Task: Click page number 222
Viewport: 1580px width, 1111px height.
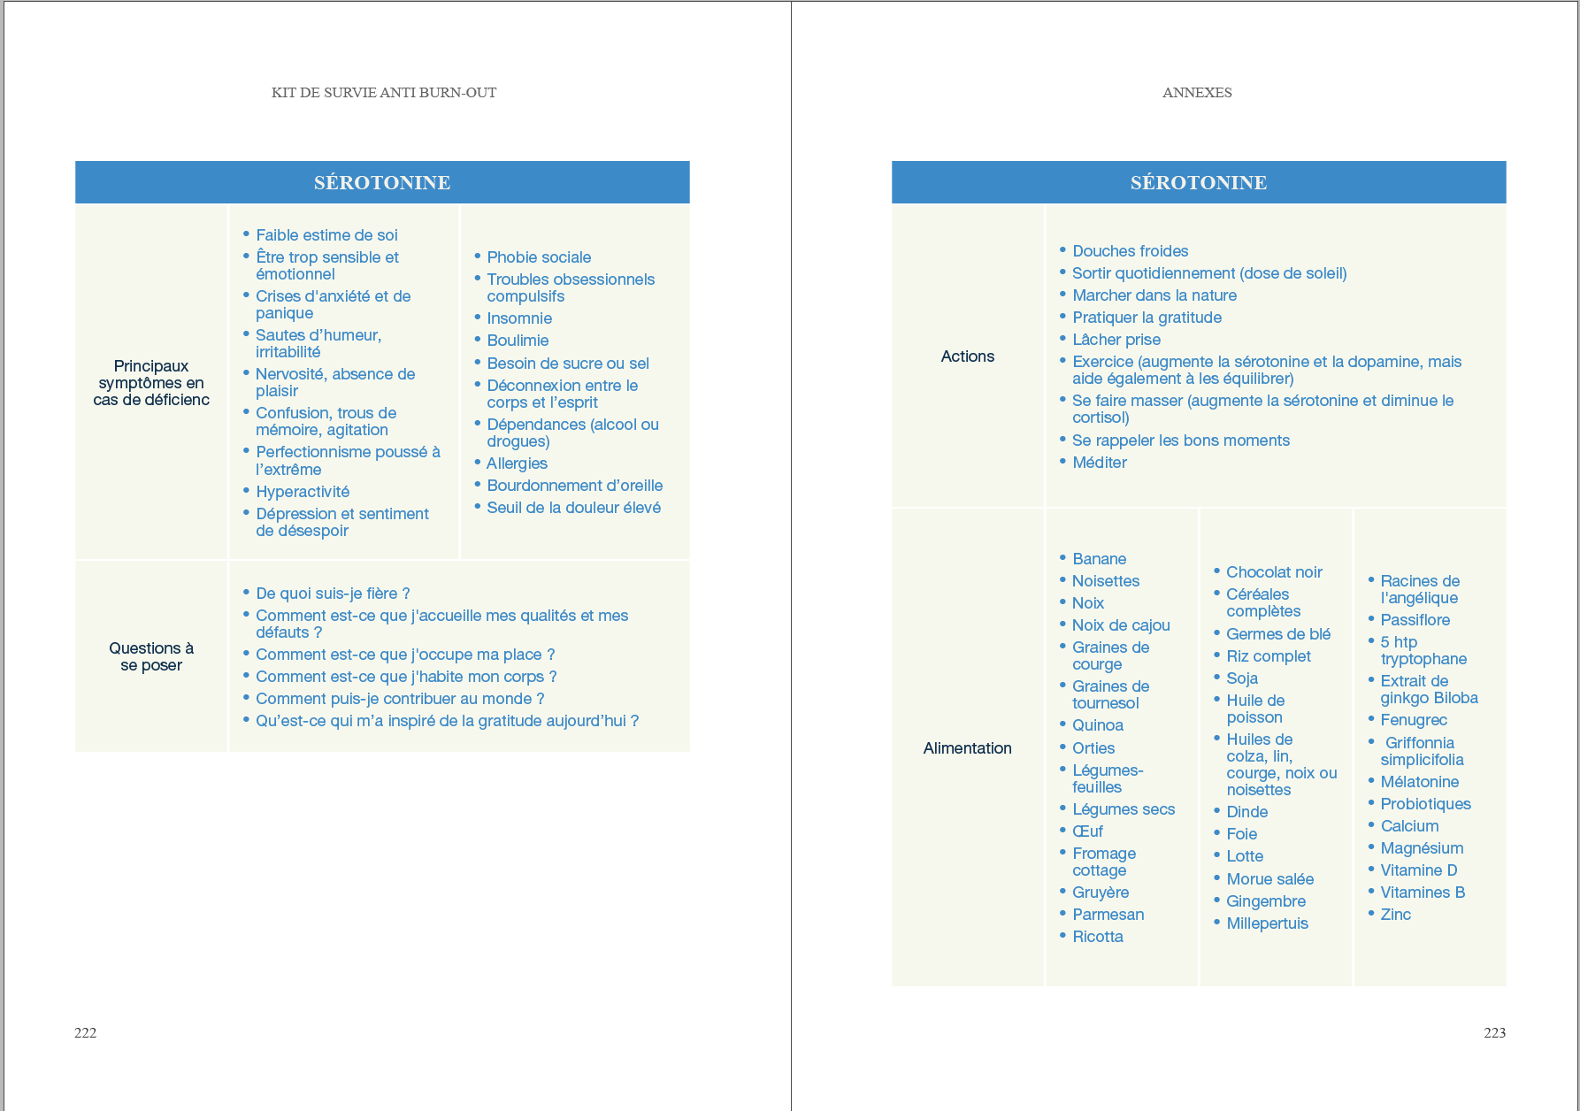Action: tap(86, 1032)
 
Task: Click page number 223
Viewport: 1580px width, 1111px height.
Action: tap(1494, 1032)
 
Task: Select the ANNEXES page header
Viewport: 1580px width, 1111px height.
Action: tap(1197, 93)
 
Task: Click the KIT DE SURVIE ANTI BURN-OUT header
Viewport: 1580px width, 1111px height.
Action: tap(384, 93)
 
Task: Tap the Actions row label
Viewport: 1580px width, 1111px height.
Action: tap(967, 356)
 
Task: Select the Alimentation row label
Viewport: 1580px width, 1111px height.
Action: tap(967, 748)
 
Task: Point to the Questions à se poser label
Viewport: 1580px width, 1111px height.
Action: tap(151, 656)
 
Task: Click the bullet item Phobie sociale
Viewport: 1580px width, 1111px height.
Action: tap(539, 257)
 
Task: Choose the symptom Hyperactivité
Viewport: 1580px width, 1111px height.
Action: tap(303, 492)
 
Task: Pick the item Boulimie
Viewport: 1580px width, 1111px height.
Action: tap(518, 341)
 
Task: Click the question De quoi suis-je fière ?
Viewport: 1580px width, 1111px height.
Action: tap(333, 594)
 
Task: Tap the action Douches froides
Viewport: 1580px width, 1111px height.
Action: tap(1130, 251)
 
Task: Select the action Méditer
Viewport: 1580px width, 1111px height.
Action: tap(1100, 463)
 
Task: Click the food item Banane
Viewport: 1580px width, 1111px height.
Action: tap(1099, 559)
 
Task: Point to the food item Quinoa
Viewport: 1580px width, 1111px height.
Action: tap(1097, 725)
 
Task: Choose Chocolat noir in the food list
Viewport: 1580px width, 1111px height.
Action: tap(1274, 572)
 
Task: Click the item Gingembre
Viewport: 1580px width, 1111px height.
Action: tap(1265, 901)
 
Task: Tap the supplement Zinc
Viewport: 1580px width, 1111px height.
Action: tap(1395, 915)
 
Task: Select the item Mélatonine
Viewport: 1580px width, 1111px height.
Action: tap(1419, 782)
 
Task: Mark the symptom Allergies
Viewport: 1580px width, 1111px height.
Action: tap(517, 464)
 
